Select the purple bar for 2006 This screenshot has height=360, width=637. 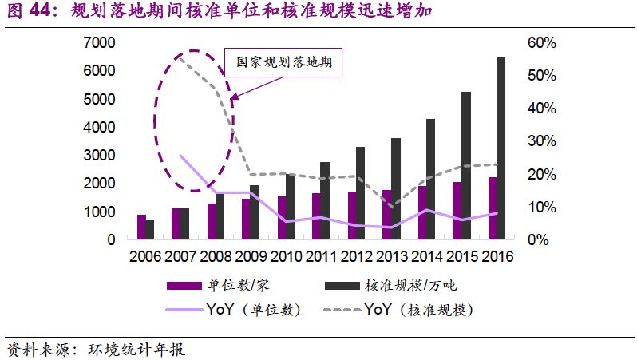[141, 227]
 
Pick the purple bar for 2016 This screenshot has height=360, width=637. [492, 208]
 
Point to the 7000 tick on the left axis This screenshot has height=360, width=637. [100, 42]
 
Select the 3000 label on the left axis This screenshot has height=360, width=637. [100, 155]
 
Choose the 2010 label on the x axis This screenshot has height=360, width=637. [286, 257]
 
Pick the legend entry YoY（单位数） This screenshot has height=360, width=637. [254, 310]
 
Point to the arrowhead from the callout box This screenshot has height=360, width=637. [232, 98]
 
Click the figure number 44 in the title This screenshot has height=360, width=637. [42, 11]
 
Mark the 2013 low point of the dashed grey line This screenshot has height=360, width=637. [391, 206]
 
